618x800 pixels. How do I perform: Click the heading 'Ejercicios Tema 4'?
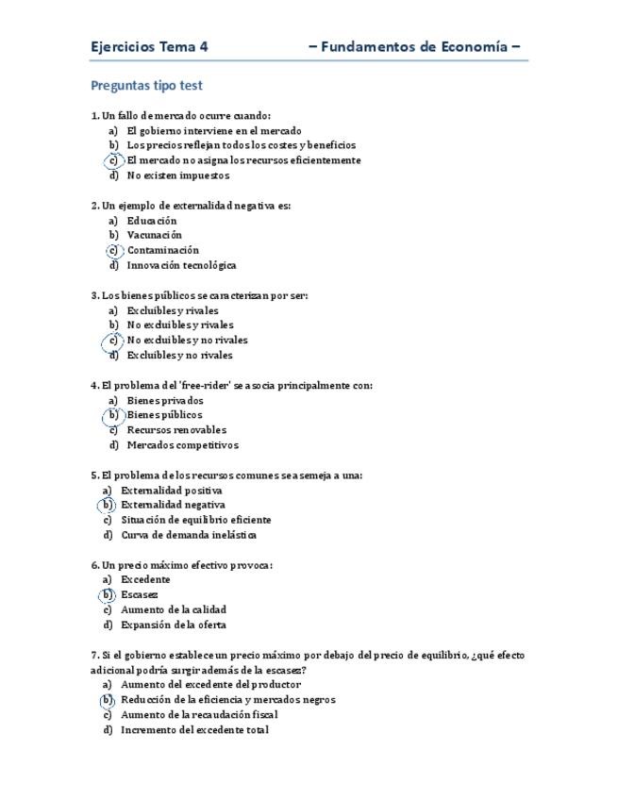pyautogui.click(x=150, y=46)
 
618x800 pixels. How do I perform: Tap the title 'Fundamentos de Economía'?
pyautogui.click(x=415, y=46)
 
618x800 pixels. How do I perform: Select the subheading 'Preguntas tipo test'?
pyautogui.click(x=146, y=85)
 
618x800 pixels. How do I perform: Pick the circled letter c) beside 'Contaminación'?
pyautogui.click(x=113, y=250)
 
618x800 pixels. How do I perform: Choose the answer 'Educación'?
pyautogui.click(x=152, y=220)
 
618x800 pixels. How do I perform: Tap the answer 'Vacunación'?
pyautogui.click(x=155, y=235)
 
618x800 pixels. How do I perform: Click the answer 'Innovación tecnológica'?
pyautogui.click(x=181, y=265)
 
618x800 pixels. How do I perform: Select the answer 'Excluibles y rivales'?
pyautogui.click(x=173, y=310)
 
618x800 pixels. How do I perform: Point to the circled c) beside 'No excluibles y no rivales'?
pyautogui.click(x=113, y=340)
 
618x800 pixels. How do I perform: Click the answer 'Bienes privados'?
pyautogui.click(x=165, y=400)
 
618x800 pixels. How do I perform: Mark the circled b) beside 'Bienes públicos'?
pyautogui.click(x=113, y=415)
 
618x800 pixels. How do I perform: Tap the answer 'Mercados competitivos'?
pyautogui.click(x=183, y=445)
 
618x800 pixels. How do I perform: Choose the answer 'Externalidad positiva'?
pyautogui.click(x=172, y=490)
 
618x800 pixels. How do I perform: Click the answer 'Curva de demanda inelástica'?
pyautogui.click(x=189, y=535)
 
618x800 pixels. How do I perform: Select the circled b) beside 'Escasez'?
pyautogui.click(x=108, y=595)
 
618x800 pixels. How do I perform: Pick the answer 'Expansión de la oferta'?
pyautogui.click(x=174, y=625)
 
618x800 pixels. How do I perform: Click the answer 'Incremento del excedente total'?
pyautogui.click(x=194, y=729)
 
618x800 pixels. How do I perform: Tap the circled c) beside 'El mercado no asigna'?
pyautogui.click(x=113, y=160)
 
